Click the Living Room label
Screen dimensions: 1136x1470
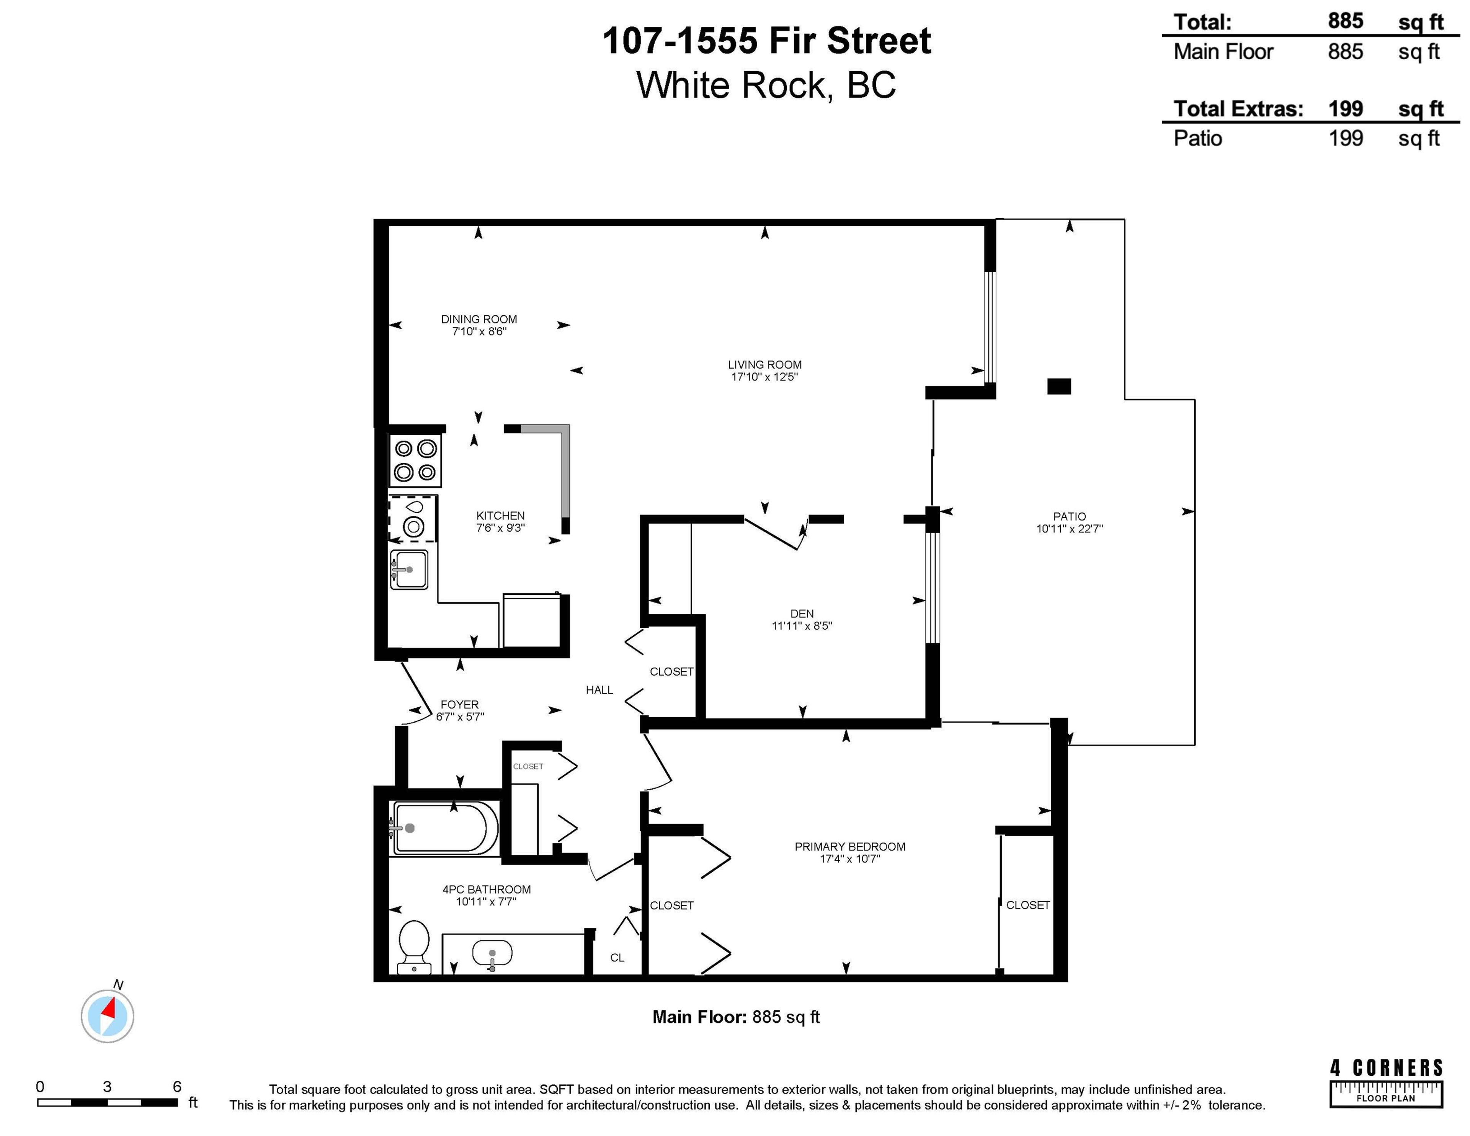coord(764,365)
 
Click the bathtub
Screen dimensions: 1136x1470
coord(444,828)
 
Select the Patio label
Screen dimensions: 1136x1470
coord(1070,516)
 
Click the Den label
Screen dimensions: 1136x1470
coord(802,614)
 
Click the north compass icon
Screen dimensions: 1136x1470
coord(108,1015)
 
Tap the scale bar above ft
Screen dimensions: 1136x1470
coord(108,1102)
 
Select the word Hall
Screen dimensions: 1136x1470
coord(599,690)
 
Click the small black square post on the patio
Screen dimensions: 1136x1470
coord(1059,386)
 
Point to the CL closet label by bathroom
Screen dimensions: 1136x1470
coord(617,958)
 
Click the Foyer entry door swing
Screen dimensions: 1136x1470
coord(416,693)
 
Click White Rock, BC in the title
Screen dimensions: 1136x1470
coord(766,85)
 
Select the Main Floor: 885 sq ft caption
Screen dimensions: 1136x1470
coord(736,1017)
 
